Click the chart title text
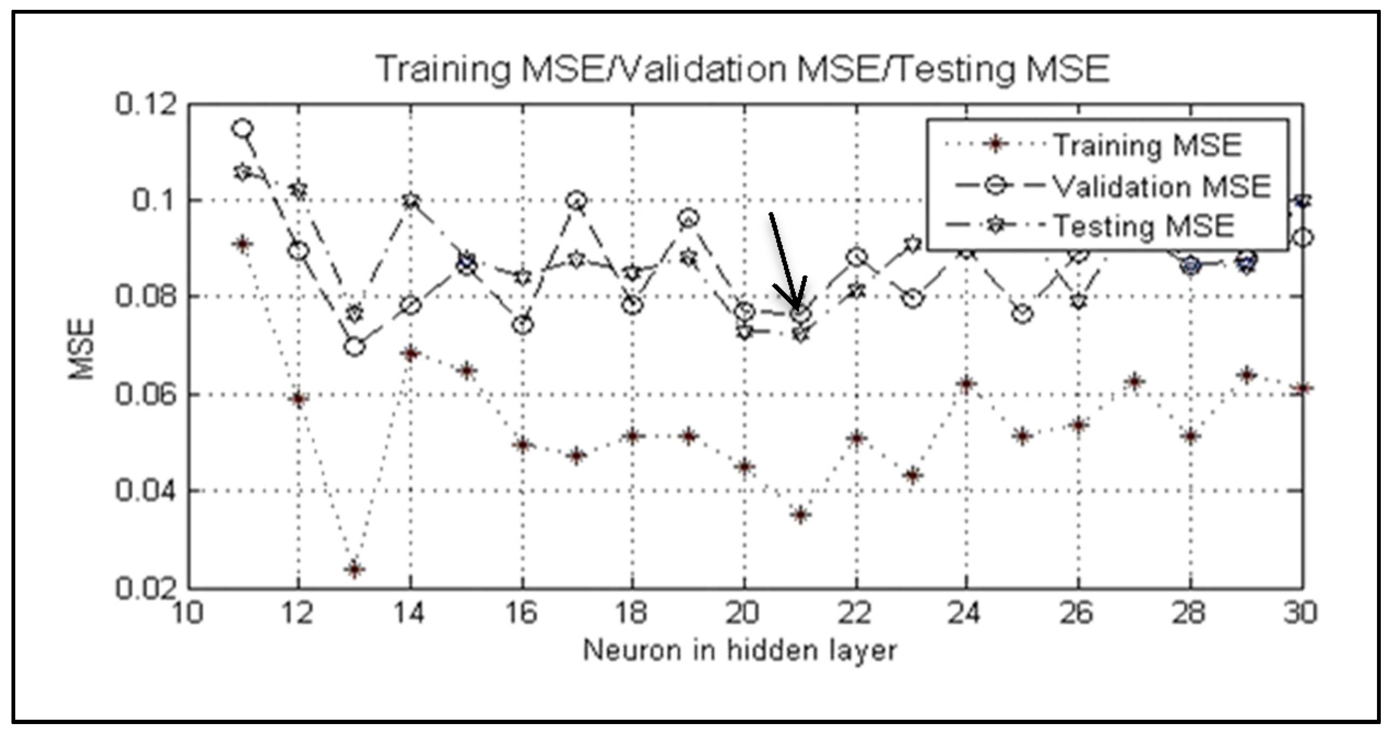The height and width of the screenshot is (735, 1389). point(743,69)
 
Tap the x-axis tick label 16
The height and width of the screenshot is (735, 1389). point(521,613)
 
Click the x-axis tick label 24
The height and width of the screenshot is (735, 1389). point(964,613)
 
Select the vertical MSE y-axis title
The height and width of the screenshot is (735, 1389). point(81,349)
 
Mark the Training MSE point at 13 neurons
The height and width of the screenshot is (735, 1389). point(355,569)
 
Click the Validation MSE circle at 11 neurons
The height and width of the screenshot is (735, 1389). point(242,129)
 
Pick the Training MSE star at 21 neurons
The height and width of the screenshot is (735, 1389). point(800,514)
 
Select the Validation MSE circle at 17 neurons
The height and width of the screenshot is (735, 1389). point(577,200)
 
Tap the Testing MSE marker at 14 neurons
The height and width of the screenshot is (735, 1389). point(411,201)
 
